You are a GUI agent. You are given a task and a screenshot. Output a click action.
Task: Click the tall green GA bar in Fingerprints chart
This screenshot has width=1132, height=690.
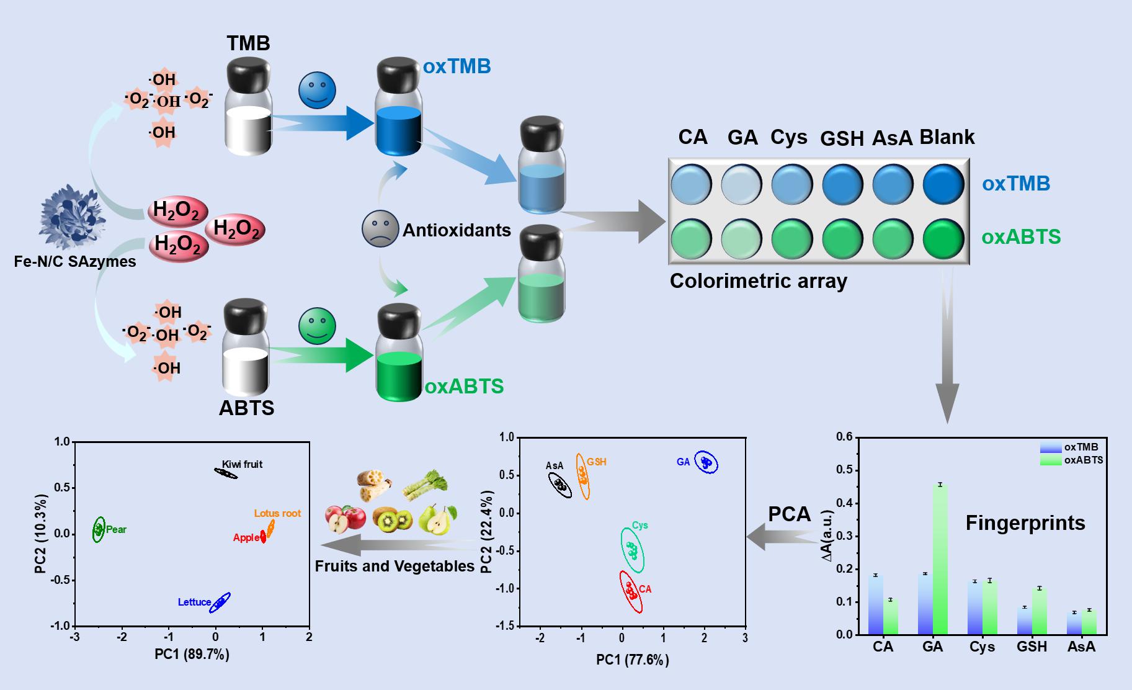(940, 558)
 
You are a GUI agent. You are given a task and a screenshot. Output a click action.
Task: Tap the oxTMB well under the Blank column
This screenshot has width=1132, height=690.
(943, 184)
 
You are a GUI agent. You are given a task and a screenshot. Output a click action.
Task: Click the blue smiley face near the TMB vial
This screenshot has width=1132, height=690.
(317, 90)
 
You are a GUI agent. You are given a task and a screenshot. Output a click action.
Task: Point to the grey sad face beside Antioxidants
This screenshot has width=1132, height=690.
(380, 229)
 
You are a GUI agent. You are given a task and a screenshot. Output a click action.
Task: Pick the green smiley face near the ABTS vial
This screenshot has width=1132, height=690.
(317, 326)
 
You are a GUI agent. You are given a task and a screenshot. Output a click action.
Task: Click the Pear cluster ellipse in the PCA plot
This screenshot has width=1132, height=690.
(99, 529)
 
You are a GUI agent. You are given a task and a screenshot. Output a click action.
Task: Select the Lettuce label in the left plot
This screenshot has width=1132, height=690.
(194, 602)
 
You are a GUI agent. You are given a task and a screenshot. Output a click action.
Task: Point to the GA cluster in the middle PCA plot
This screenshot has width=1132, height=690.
(706, 462)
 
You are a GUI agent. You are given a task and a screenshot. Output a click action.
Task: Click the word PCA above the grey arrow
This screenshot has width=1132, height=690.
(789, 514)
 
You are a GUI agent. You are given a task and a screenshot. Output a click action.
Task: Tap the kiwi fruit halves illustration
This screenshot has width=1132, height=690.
(393, 519)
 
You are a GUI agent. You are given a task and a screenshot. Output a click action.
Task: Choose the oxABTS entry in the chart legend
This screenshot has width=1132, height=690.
(1083, 460)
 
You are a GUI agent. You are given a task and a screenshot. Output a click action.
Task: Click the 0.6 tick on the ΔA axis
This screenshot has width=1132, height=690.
(844, 436)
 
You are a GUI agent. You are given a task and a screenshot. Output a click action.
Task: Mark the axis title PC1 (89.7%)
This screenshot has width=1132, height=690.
(192, 654)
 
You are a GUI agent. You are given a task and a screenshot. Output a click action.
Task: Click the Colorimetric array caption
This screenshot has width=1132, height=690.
(758, 281)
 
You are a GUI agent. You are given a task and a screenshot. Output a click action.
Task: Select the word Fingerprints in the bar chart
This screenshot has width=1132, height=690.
(1025, 523)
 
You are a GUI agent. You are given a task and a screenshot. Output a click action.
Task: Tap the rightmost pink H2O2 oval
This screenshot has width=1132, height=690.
(236, 230)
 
